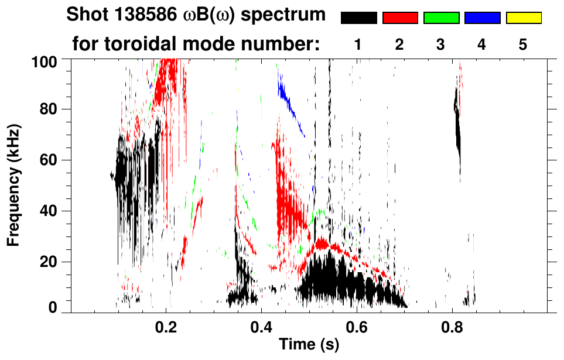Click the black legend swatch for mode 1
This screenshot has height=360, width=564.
pyautogui.click(x=358, y=18)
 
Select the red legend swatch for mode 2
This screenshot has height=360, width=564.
pyautogui.click(x=400, y=18)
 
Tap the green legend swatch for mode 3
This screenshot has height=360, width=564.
pyautogui.click(x=441, y=18)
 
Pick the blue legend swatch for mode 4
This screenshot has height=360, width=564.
pyautogui.click(x=482, y=18)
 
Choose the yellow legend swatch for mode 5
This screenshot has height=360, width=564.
pyautogui.click(x=524, y=18)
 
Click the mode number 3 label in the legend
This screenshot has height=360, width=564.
pyautogui.click(x=441, y=45)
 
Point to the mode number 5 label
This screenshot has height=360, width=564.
pyautogui.click(x=524, y=45)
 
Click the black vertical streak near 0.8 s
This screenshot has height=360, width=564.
pyautogui.click(x=458, y=132)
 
